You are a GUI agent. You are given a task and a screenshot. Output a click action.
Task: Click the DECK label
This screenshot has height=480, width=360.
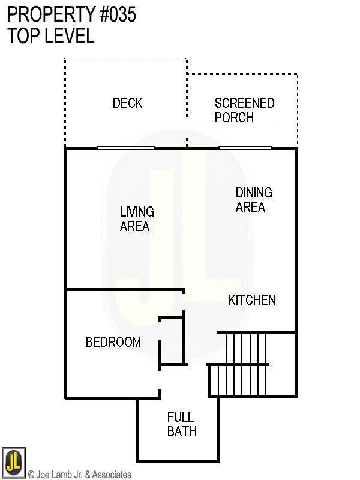(128, 103)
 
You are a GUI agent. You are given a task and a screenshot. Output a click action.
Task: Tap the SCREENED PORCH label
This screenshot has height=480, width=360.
(244, 110)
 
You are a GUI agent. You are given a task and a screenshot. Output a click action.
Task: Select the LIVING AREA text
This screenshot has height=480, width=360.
(136, 219)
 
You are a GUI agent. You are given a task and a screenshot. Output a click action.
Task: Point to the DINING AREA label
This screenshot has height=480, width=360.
(253, 200)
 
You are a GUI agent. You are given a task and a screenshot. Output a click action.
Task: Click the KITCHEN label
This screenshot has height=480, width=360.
(252, 300)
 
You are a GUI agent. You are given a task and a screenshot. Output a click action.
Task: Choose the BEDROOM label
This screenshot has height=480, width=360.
(113, 342)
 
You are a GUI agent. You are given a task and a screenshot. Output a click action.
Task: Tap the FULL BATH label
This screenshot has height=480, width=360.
(182, 424)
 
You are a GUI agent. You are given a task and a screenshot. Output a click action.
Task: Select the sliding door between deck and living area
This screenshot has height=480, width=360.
(126, 147)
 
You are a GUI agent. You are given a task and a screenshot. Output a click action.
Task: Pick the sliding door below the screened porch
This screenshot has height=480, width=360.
(245, 147)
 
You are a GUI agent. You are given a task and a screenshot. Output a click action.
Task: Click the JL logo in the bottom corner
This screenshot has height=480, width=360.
(14, 462)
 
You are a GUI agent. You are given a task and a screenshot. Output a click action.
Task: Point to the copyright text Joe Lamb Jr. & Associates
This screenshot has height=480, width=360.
(80, 475)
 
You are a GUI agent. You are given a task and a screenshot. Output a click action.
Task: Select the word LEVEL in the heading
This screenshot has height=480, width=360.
(67, 36)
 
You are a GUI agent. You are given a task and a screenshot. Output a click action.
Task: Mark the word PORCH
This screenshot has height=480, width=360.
(234, 118)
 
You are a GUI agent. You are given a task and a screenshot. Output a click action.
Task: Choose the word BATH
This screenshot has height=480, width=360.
(182, 431)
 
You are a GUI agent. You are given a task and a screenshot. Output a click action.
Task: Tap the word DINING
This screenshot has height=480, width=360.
(254, 193)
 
